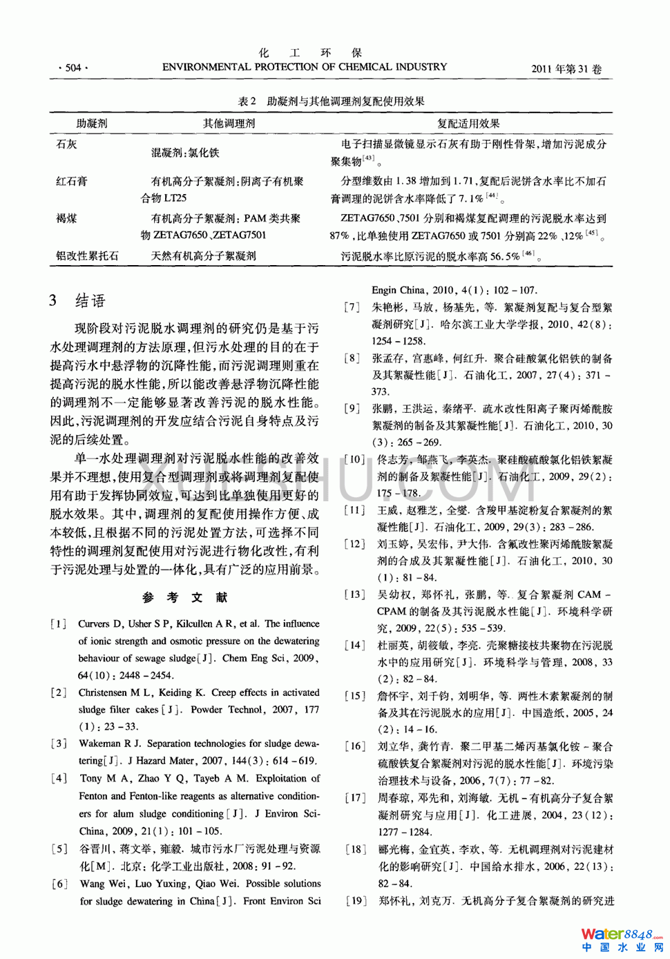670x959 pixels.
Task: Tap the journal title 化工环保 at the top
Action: coord(310,53)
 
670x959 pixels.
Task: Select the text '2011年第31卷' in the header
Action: coord(566,69)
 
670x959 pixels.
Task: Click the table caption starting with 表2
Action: coord(331,101)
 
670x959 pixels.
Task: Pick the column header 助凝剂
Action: coord(92,124)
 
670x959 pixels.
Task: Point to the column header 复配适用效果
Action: coord(468,124)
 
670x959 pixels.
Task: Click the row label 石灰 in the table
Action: coord(66,144)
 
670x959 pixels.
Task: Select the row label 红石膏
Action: coord(72,182)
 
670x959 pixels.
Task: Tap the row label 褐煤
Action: coord(66,218)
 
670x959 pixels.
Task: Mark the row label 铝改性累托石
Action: coord(87,255)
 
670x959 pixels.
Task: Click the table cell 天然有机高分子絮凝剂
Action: coord(204,255)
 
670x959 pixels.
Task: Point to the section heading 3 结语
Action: coord(77,300)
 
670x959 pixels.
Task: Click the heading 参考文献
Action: coord(184,597)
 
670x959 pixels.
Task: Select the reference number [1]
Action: coord(59,624)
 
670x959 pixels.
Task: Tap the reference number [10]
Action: coord(355,460)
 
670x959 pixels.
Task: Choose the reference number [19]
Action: coord(355,901)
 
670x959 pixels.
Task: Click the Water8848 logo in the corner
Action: coord(622,940)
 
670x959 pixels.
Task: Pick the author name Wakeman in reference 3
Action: coord(99,744)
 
